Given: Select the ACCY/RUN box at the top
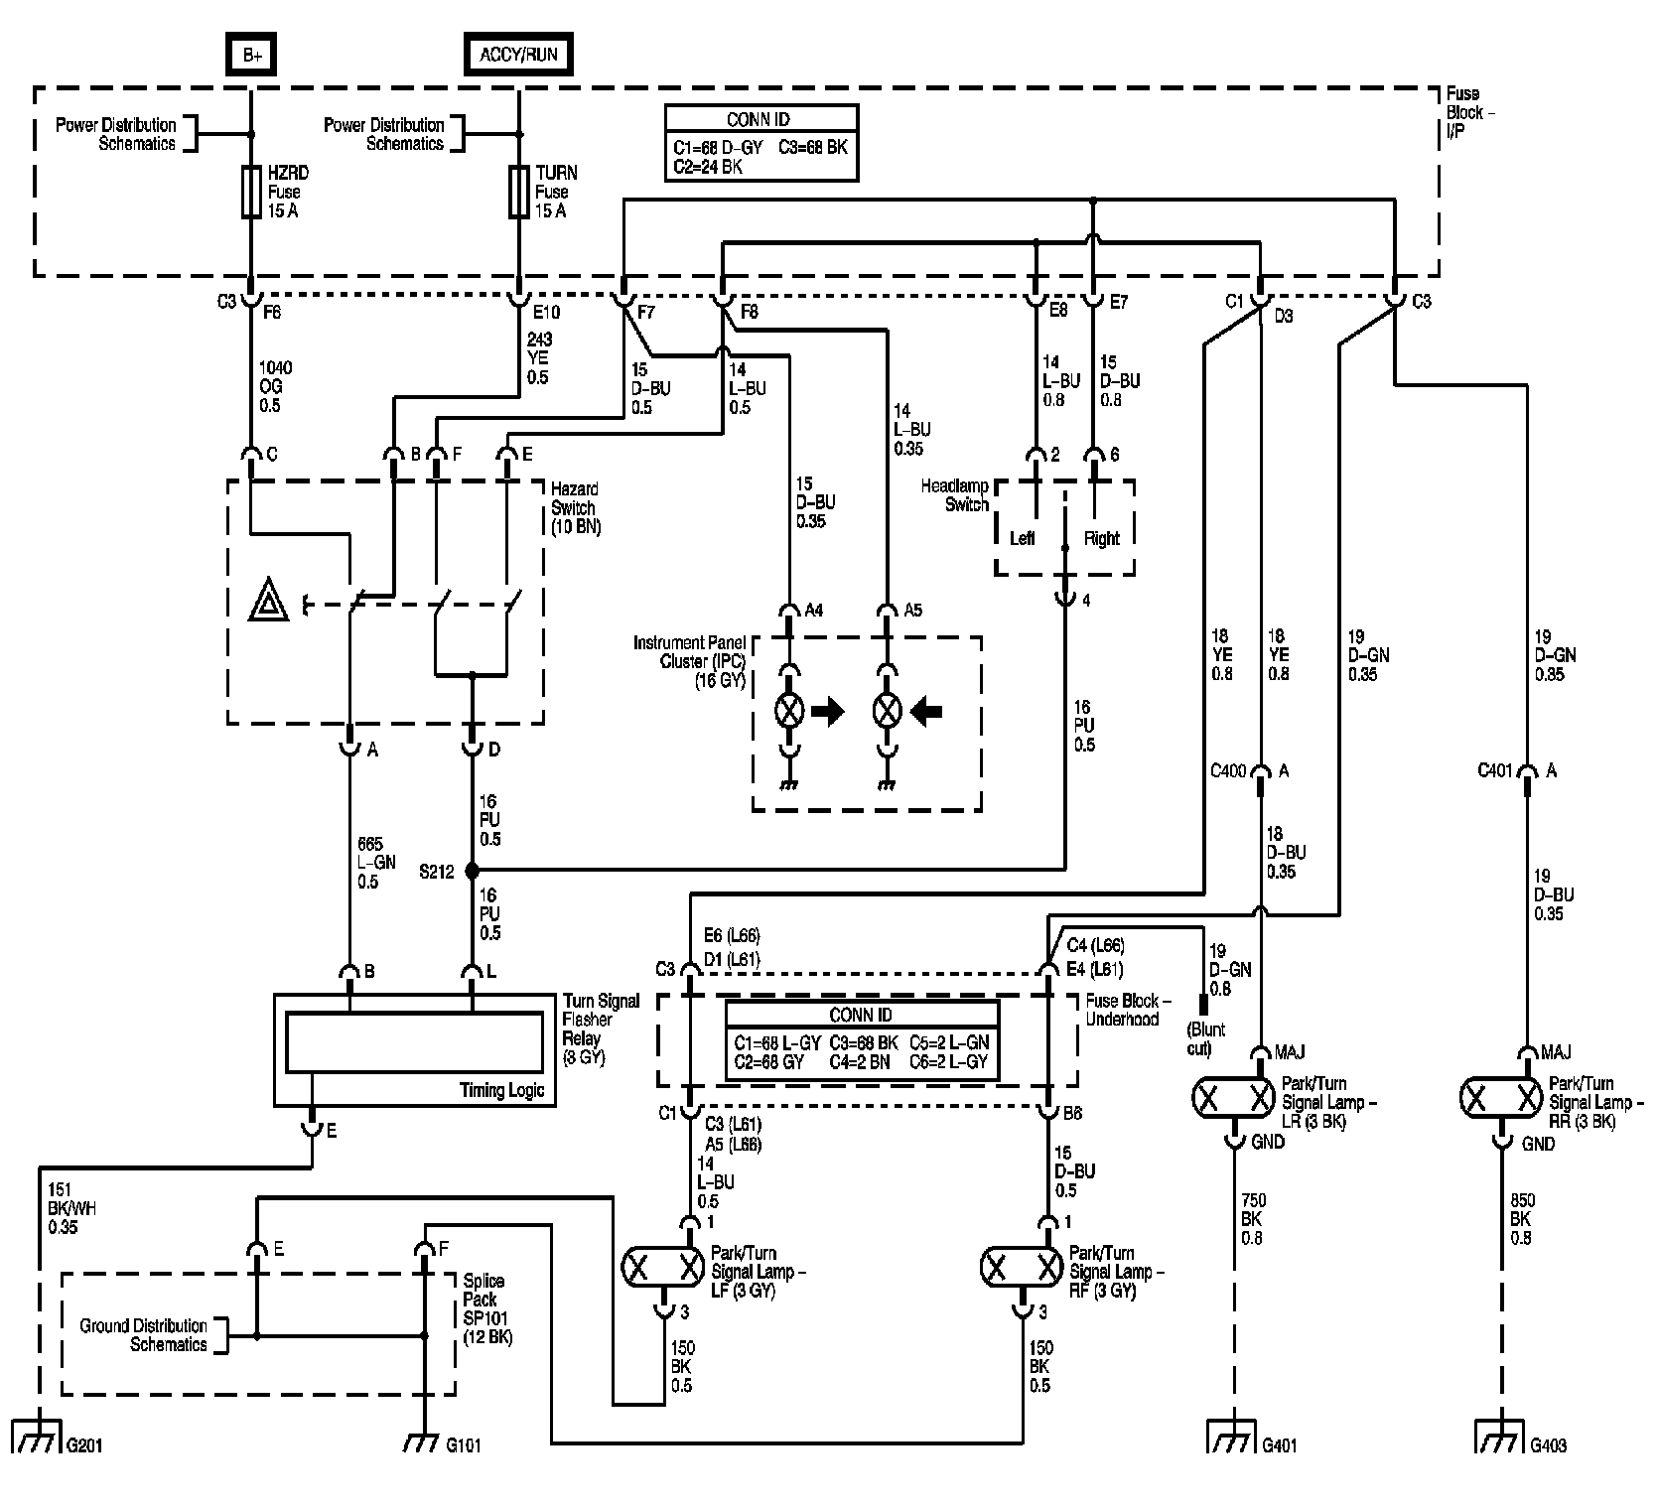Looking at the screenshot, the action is [519, 55].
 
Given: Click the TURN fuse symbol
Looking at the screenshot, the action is [518, 191].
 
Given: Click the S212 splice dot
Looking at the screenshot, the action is [472, 871].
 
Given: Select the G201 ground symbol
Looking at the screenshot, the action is [36, 1436].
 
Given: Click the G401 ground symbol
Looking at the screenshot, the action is [1233, 1436].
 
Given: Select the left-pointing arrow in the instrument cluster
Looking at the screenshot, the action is [925, 711].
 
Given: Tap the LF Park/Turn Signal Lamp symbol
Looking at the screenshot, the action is [662, 1267].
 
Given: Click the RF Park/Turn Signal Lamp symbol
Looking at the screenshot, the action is [1021, 1267].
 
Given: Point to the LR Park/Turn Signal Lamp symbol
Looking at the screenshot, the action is [1233, 1097].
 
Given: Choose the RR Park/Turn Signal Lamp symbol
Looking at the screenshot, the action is [1501, 1097].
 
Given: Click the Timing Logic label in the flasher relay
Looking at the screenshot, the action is [501, 1090].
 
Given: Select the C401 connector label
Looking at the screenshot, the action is [1496, 770].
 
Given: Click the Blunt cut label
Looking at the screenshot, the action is [1208, 1038].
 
